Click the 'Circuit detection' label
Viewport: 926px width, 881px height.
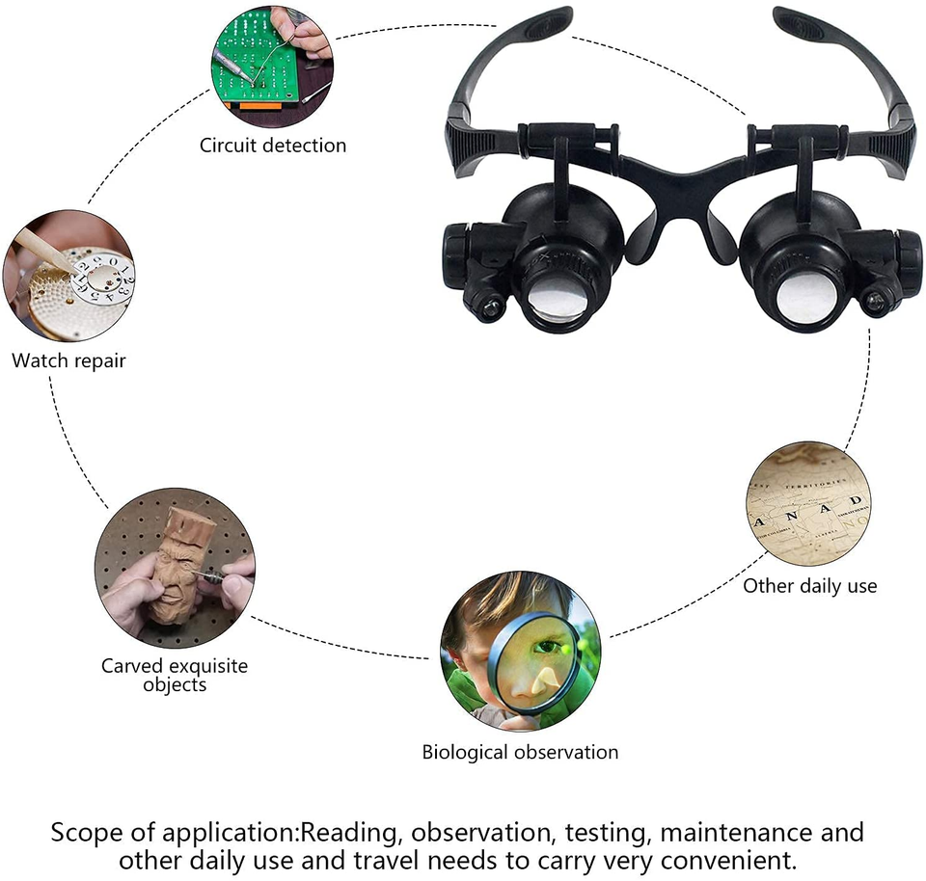tap(273, 146)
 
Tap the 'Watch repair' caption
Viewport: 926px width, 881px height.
tap(68, 360)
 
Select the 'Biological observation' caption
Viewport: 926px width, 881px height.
tap(520, 752)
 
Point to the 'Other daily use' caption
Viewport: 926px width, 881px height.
tap(809, 586)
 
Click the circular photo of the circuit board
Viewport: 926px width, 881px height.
tap(272, 67)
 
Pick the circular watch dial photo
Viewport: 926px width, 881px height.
tap(69, 277)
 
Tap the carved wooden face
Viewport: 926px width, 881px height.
tap(183, 565)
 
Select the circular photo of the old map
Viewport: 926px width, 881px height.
tap(808, 504)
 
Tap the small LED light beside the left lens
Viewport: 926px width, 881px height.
tap(488, 306)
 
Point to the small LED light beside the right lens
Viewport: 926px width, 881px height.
tap(875, 302)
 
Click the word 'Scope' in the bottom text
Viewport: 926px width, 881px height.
tap(87, 833)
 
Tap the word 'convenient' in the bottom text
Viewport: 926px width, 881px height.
tap(728, 861)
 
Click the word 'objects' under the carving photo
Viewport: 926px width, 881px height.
tap(175, 685)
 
